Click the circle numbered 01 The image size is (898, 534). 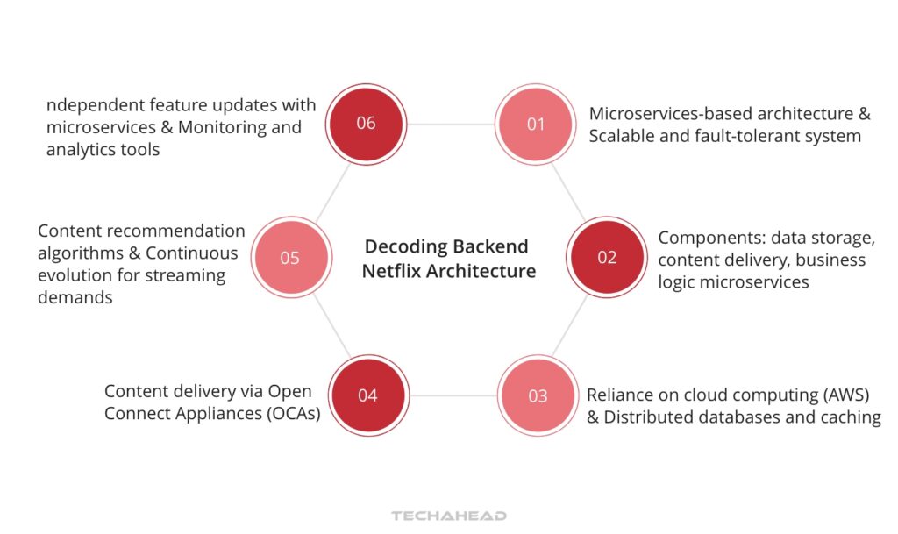tap(536, 125)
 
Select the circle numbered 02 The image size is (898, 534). tap(607, 258)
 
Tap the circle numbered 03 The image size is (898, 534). tap(538, 395)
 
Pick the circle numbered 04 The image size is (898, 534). tap(367, 395)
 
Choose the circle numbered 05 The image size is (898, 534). tap(289, 258)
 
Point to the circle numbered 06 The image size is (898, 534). tap(366, 123)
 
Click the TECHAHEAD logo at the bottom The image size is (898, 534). tap(449, 516)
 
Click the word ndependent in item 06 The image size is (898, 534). tap(95, 105)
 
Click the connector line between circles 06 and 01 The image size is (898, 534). tap(451, 125)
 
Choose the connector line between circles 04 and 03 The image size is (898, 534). tap(453, 395)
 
